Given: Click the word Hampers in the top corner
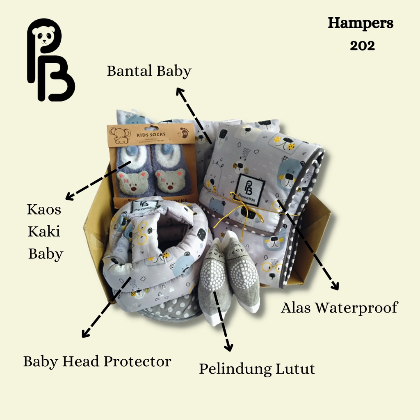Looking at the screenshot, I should (361, 24).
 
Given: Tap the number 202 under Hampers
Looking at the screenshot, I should (362, 46).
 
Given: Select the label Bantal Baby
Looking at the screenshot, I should (149, 71).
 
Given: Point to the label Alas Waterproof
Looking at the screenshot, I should (339, 308).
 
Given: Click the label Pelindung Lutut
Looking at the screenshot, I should (257, 369).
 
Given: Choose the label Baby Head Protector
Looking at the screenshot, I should (97, 361).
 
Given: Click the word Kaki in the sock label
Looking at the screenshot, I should (44, 231).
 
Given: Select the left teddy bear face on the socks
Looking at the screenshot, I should (132, 182).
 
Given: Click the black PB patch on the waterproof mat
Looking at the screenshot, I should (250, 187).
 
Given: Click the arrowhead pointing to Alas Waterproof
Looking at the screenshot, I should (336, 286).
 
